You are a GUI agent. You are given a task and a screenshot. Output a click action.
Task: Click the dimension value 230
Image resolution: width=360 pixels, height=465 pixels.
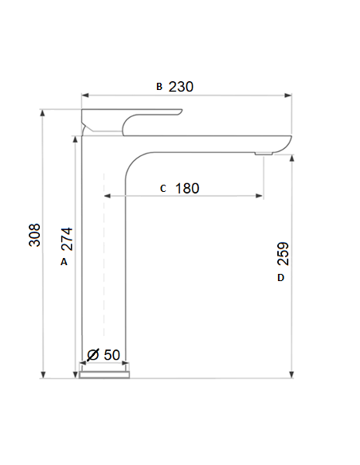[x=182, y=86]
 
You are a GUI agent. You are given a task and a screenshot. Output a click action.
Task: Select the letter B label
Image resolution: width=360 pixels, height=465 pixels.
[x=158, y=86]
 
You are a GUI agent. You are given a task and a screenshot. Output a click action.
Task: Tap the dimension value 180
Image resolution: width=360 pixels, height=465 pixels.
[x=186, y=189]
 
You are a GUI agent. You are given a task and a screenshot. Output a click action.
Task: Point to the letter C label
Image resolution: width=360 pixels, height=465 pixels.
[x=162, y=189]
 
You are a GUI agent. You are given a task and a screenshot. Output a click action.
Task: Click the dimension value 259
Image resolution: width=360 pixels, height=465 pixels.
[x=283, y=253]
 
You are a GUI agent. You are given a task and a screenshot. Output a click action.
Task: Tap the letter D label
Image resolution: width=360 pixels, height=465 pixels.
[x=280, y=278]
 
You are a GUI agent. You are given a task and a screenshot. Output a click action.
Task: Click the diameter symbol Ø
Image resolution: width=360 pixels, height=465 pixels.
[x=92, y=354]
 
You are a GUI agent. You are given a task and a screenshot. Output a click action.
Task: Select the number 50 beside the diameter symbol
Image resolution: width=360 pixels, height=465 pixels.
[x=112, y=354]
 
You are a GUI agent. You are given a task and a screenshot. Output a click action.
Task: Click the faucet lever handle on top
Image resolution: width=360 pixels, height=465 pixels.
[x=131, y=118]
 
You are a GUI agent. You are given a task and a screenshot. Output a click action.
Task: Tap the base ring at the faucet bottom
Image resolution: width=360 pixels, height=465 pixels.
[x=104, y=372]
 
